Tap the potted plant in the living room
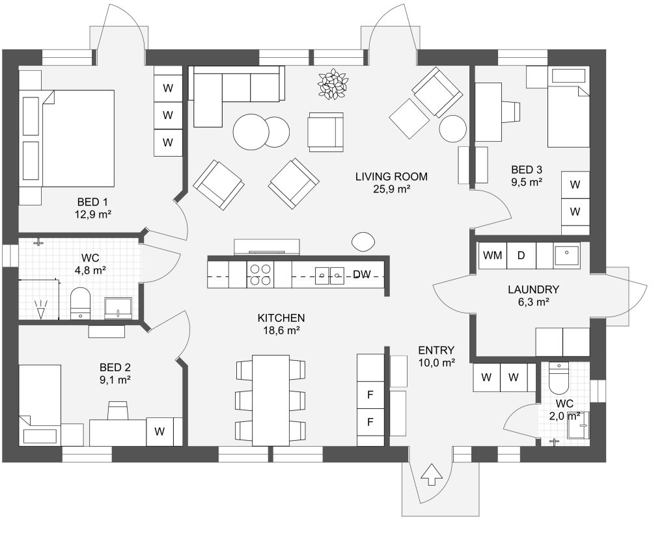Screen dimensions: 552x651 point(333,84)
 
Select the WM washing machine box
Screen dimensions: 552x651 point(492,256)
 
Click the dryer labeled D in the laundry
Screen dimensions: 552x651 point(521,256)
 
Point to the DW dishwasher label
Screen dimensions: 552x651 point(362,275)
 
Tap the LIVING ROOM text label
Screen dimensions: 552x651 point(391,176)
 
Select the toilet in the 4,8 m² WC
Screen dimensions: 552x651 point(80,303)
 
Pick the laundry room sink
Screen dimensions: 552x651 point(566,255)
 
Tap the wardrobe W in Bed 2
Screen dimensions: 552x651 point(159,431)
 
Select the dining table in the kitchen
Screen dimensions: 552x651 point(270,400)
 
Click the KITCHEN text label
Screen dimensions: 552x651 point(281,318)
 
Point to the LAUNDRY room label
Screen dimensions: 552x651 point(533,289)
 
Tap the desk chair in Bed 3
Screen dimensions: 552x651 point(513,112)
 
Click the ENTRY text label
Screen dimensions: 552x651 point(436,350)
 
